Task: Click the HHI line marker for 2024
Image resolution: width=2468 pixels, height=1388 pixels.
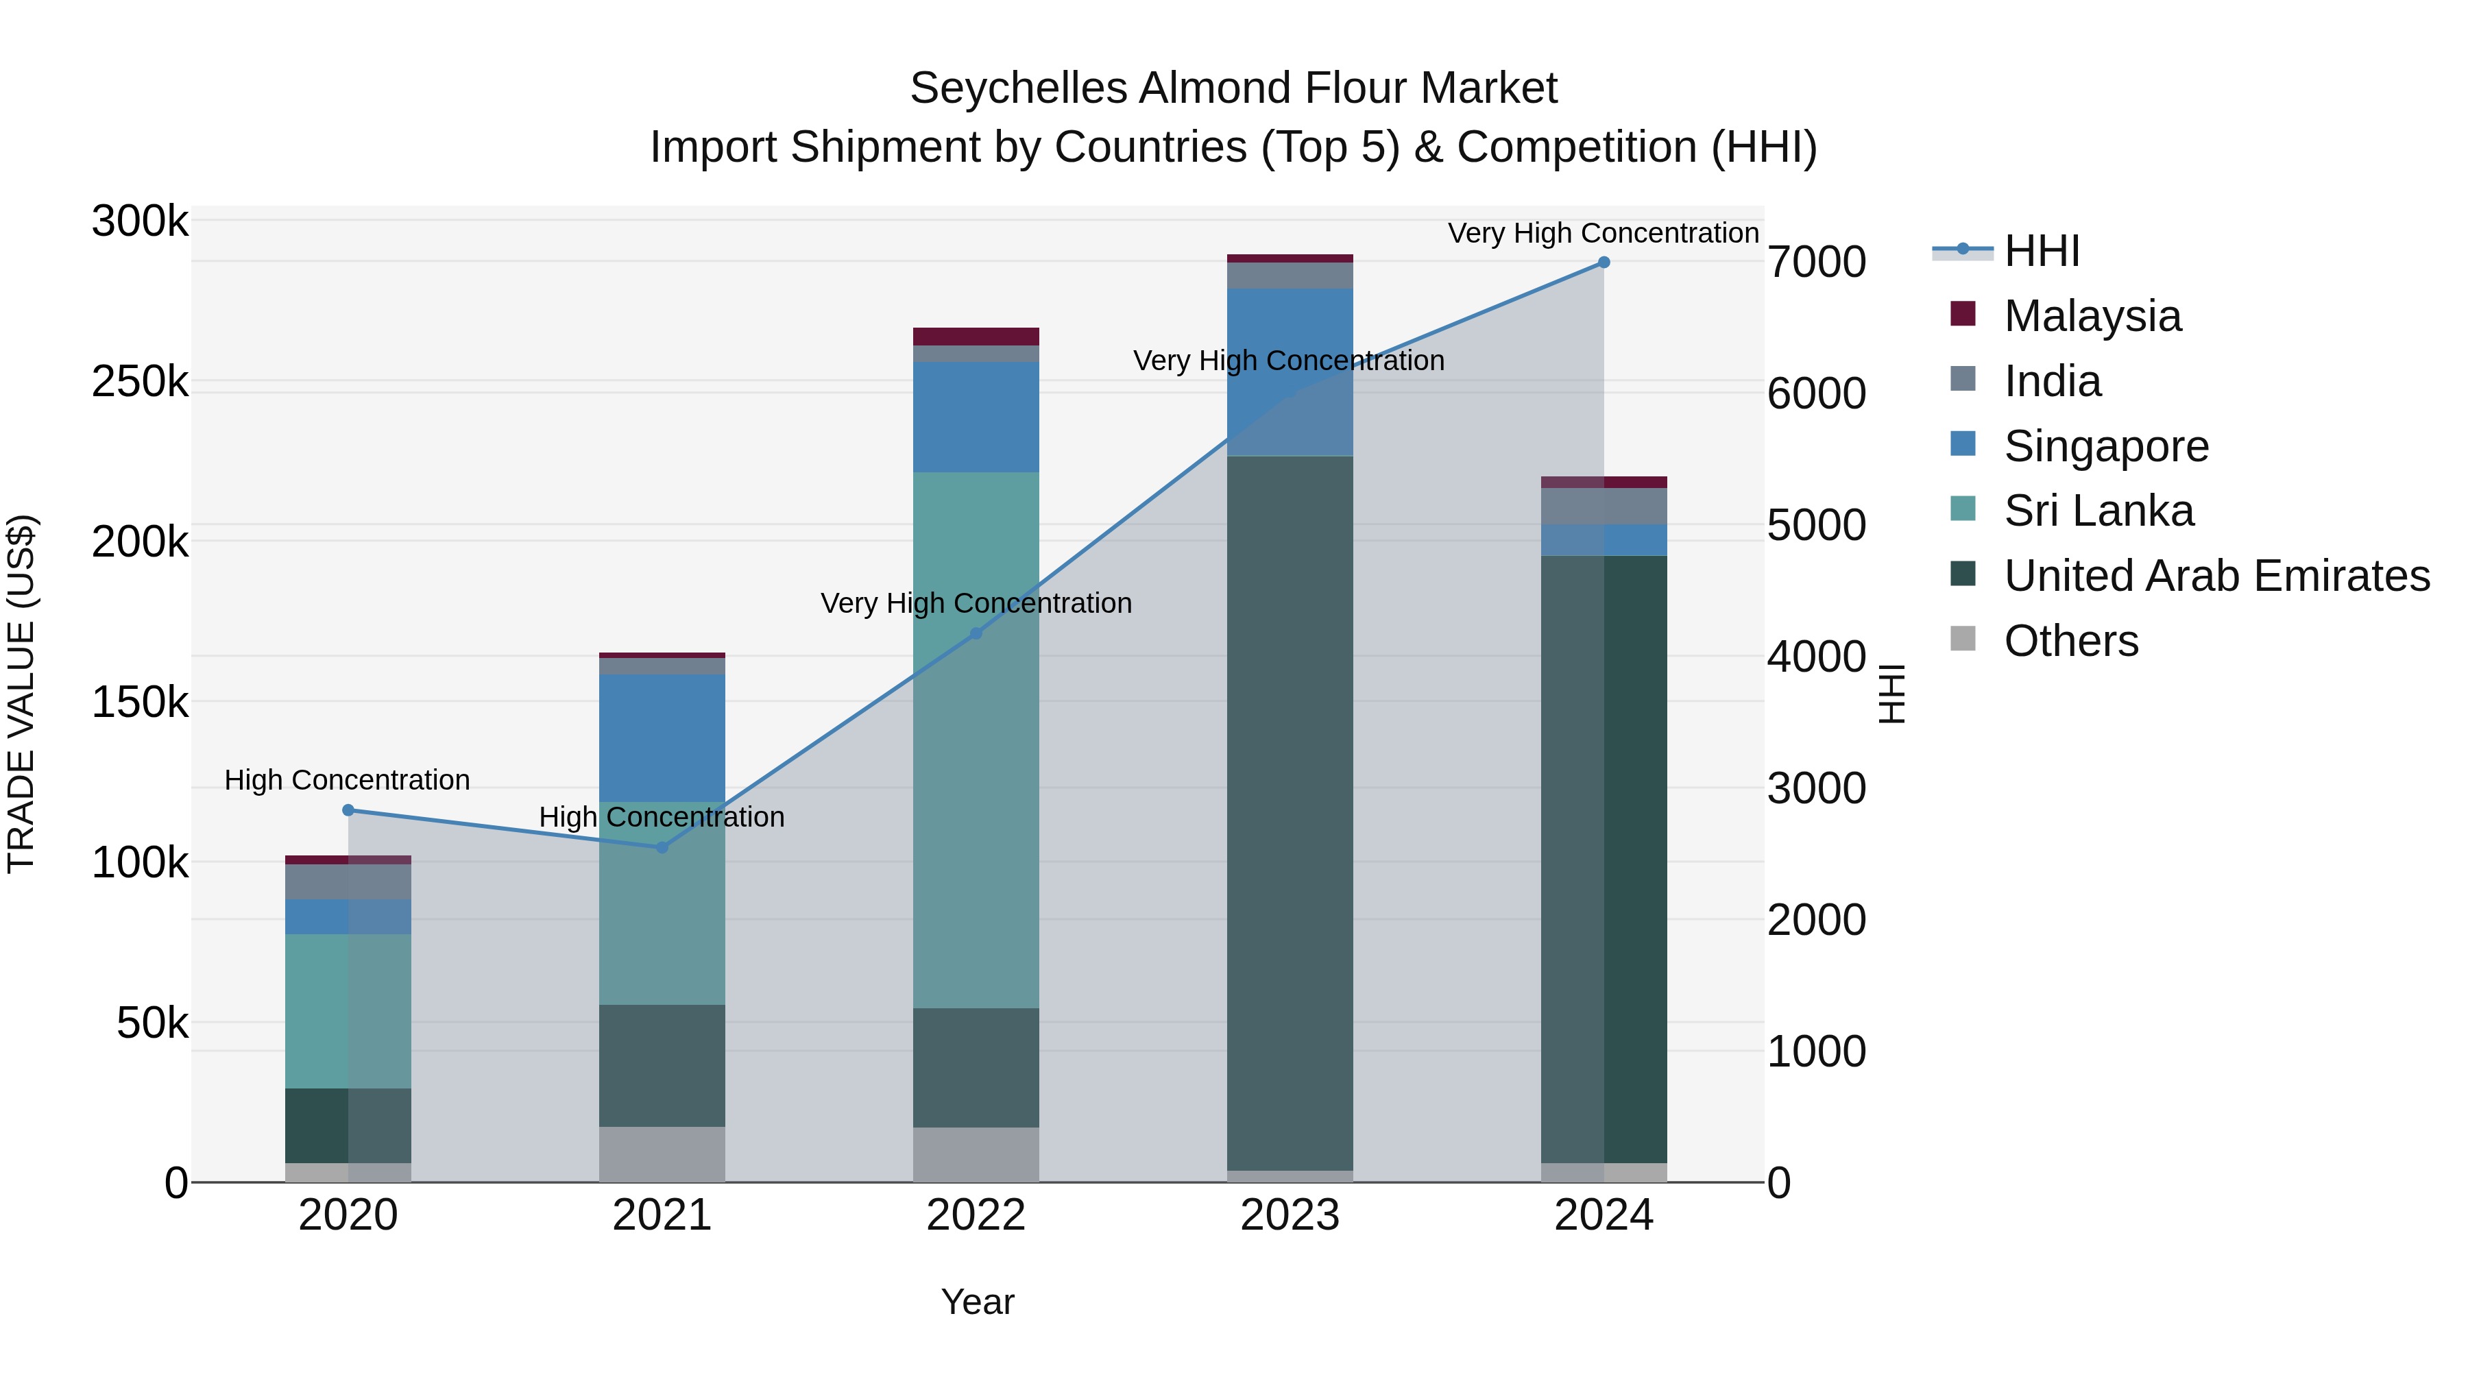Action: (1604, 263)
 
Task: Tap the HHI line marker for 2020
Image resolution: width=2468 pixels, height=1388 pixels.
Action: (348, 810)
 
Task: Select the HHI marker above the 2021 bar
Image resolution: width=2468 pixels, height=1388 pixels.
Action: (662, 847)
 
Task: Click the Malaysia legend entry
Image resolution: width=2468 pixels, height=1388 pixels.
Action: (2092, 316)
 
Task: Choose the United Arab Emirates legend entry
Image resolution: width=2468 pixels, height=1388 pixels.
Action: (2216, 576)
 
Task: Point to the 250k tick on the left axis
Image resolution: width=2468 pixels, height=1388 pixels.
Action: (140, 382)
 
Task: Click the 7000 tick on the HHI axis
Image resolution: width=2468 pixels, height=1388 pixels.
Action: (1817, 263)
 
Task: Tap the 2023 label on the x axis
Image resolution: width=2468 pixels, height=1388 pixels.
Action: (1290, 1215)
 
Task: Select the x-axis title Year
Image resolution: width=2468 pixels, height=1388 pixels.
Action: (977, 1302)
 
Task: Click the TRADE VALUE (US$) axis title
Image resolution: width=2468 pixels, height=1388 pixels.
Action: (22, 694)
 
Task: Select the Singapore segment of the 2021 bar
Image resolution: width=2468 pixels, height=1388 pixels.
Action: (662, 738)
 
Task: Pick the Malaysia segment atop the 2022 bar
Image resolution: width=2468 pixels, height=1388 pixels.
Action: (976, 337)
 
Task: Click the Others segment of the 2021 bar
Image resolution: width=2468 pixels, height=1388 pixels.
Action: (662, 1154)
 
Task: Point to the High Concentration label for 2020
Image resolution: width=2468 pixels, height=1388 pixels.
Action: (347, 781)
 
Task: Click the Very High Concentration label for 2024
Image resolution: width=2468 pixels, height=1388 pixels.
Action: (1603, 234)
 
